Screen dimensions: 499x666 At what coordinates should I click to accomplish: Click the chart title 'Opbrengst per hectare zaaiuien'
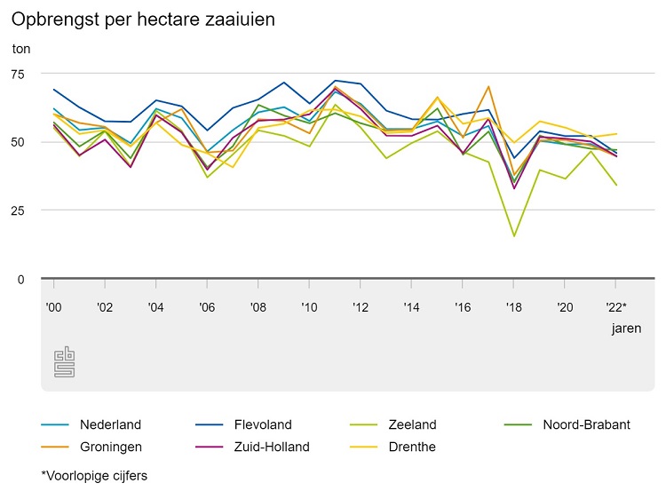pos(138,18)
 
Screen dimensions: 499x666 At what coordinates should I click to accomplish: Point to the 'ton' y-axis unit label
pos(21,48)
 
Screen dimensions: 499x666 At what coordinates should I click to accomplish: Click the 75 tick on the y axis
pos(20,74)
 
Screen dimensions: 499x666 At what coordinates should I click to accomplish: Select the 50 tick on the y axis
pos(20,142)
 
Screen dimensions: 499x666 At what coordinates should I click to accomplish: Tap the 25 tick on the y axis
pos(20,210)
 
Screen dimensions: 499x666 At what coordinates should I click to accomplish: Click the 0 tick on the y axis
pos(20,279)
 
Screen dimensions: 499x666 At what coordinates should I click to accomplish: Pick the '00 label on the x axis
pos(53,307)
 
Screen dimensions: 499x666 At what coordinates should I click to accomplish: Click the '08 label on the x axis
pos(258,307)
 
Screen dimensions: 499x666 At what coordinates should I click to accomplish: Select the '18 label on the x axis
pos(513,307)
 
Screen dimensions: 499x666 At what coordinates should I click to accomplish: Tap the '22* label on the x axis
pos(617,307)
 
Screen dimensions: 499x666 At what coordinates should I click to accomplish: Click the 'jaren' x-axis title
pos(626,329)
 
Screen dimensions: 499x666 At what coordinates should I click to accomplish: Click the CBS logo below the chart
pos(64,361)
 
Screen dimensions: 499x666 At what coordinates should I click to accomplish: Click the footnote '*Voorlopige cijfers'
pos(94,475)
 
